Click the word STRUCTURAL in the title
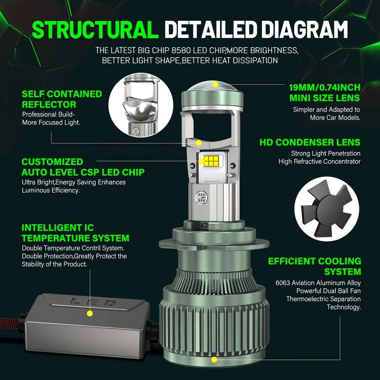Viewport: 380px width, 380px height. (x=95, y=30)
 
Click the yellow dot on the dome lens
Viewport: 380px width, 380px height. (x=215, y=85)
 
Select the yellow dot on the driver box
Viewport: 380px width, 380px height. (x=90, y=314)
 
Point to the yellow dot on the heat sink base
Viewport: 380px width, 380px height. (x=214, y=360)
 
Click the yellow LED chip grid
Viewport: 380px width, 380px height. (x=211, y=161)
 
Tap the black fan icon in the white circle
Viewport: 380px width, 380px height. (x=327, y=209)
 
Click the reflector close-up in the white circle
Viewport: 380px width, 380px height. (x=141, y=105)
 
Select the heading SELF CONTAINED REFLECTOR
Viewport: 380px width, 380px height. (x=62, y=99)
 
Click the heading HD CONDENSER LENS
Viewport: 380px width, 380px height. (x=310, y=142)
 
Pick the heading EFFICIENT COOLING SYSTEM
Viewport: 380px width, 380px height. (x=315, y=266)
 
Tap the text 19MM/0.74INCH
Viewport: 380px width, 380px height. (x=325, y=88)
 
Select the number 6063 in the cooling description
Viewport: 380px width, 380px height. (x=283, y=283)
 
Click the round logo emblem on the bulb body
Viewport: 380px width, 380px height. (x=202, y=197)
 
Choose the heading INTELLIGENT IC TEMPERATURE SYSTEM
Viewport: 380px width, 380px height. (x=75, y=233)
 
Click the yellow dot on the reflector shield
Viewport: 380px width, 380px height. (x=199, y=143)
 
